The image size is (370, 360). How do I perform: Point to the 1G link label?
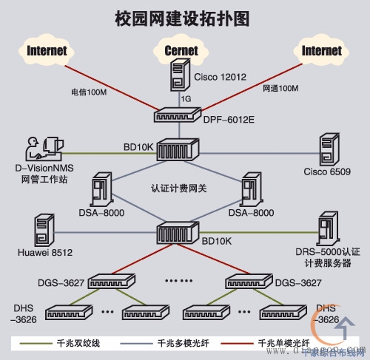(x=187, y=97)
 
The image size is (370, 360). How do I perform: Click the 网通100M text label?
(x=280, y=89)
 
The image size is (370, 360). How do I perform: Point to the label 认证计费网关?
(x=179, y=189)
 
